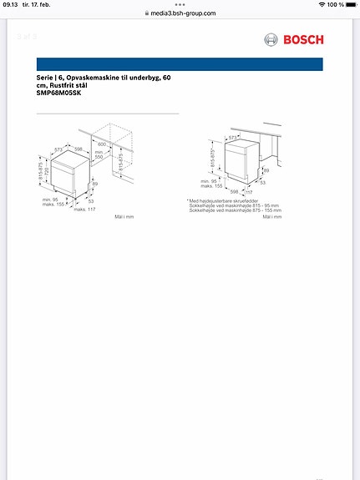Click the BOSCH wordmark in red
305,39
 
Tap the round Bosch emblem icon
271,39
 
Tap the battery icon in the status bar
348,5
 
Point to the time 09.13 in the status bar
10,5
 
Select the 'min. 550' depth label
99,154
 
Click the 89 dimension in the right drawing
266,170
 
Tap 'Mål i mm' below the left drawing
124,216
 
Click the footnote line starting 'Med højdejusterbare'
221,200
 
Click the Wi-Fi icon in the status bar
322,5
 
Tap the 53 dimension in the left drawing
89,200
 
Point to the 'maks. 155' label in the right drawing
210,185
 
